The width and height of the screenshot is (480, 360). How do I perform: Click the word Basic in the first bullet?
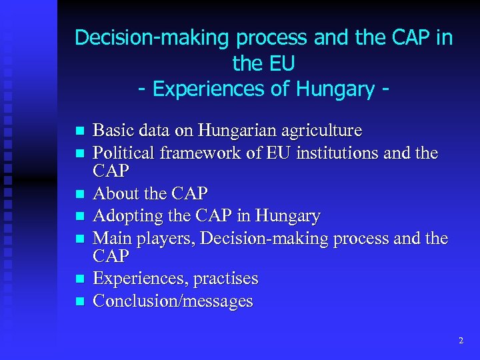pos(111,129)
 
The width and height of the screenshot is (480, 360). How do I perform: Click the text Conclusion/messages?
pos(173,301)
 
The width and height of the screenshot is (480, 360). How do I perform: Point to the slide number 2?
pos(460,341)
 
